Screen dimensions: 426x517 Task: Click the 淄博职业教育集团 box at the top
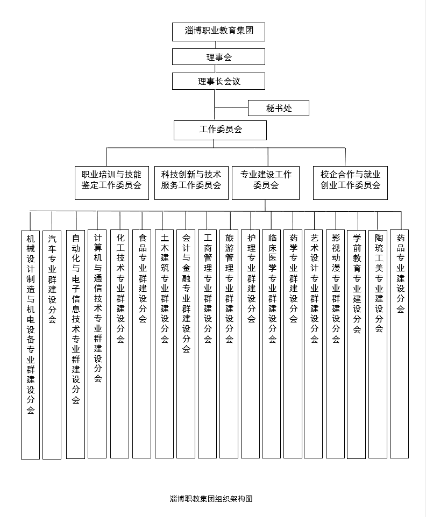[x=218, y=32]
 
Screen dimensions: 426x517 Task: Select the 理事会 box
[x=218, y=57]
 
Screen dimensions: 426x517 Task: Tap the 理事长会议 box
[x=218, y=81]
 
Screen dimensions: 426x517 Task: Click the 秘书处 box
[x=279, y=108]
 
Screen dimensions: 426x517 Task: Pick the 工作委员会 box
[x=220, y=130]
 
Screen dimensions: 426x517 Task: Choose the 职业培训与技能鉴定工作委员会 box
[x=112, y=183]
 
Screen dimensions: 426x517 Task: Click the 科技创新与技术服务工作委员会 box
[x=191, y=183]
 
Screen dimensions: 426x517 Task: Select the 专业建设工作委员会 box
[x=266, y=183]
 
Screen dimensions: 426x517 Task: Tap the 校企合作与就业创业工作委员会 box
[x=351, y=183]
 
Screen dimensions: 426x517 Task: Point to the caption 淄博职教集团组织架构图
[x=211, y=499]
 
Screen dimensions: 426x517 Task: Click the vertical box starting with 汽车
[x=52, y=344]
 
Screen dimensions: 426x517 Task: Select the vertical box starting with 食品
[x=141, y=344]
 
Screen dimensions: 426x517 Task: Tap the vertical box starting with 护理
[x=251, y=344]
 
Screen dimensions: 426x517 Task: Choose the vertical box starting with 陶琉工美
[x=378, y=344]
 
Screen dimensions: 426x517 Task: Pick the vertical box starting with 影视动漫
[x=335, y=344]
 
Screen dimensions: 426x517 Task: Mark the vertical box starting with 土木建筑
[x=165, y=344]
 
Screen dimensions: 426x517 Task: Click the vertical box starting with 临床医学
[x=271, y=344]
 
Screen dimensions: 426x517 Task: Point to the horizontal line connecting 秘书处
[x=231, y=107]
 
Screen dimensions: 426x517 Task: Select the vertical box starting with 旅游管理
[x=229, y=344]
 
